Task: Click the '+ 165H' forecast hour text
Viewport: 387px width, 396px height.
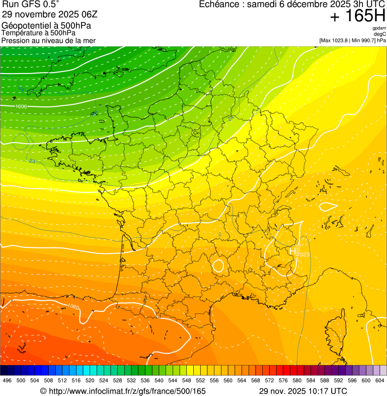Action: [x=357, y=16]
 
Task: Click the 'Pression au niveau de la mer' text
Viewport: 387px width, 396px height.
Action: [x=48, y=40]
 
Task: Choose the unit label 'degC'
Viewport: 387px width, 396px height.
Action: [x=380, y=34]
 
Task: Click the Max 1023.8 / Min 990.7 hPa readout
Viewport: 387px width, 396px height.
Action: [x=352, y=40]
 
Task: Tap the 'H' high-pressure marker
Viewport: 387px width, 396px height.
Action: [x=292, y=250]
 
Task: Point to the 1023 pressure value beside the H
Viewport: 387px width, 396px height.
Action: [x=303, y=254]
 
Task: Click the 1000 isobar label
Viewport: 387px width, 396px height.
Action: [x=21, y=107]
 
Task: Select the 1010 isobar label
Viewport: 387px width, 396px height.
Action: [x=53, y=190]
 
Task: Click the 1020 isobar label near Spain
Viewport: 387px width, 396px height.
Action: [x=73, y=306]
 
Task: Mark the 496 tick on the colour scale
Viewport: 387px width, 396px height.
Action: [x=7, y=380]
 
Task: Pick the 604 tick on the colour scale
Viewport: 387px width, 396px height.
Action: [x=380, y=380]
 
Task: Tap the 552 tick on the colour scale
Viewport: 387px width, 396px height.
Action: [x=200, y=380]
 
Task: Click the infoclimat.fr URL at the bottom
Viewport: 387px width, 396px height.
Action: [x=123, y=391]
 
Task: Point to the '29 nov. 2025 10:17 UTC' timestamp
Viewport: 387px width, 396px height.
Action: [x=303, y=391]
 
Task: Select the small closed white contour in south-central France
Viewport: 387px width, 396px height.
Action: [x=218, y=265]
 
